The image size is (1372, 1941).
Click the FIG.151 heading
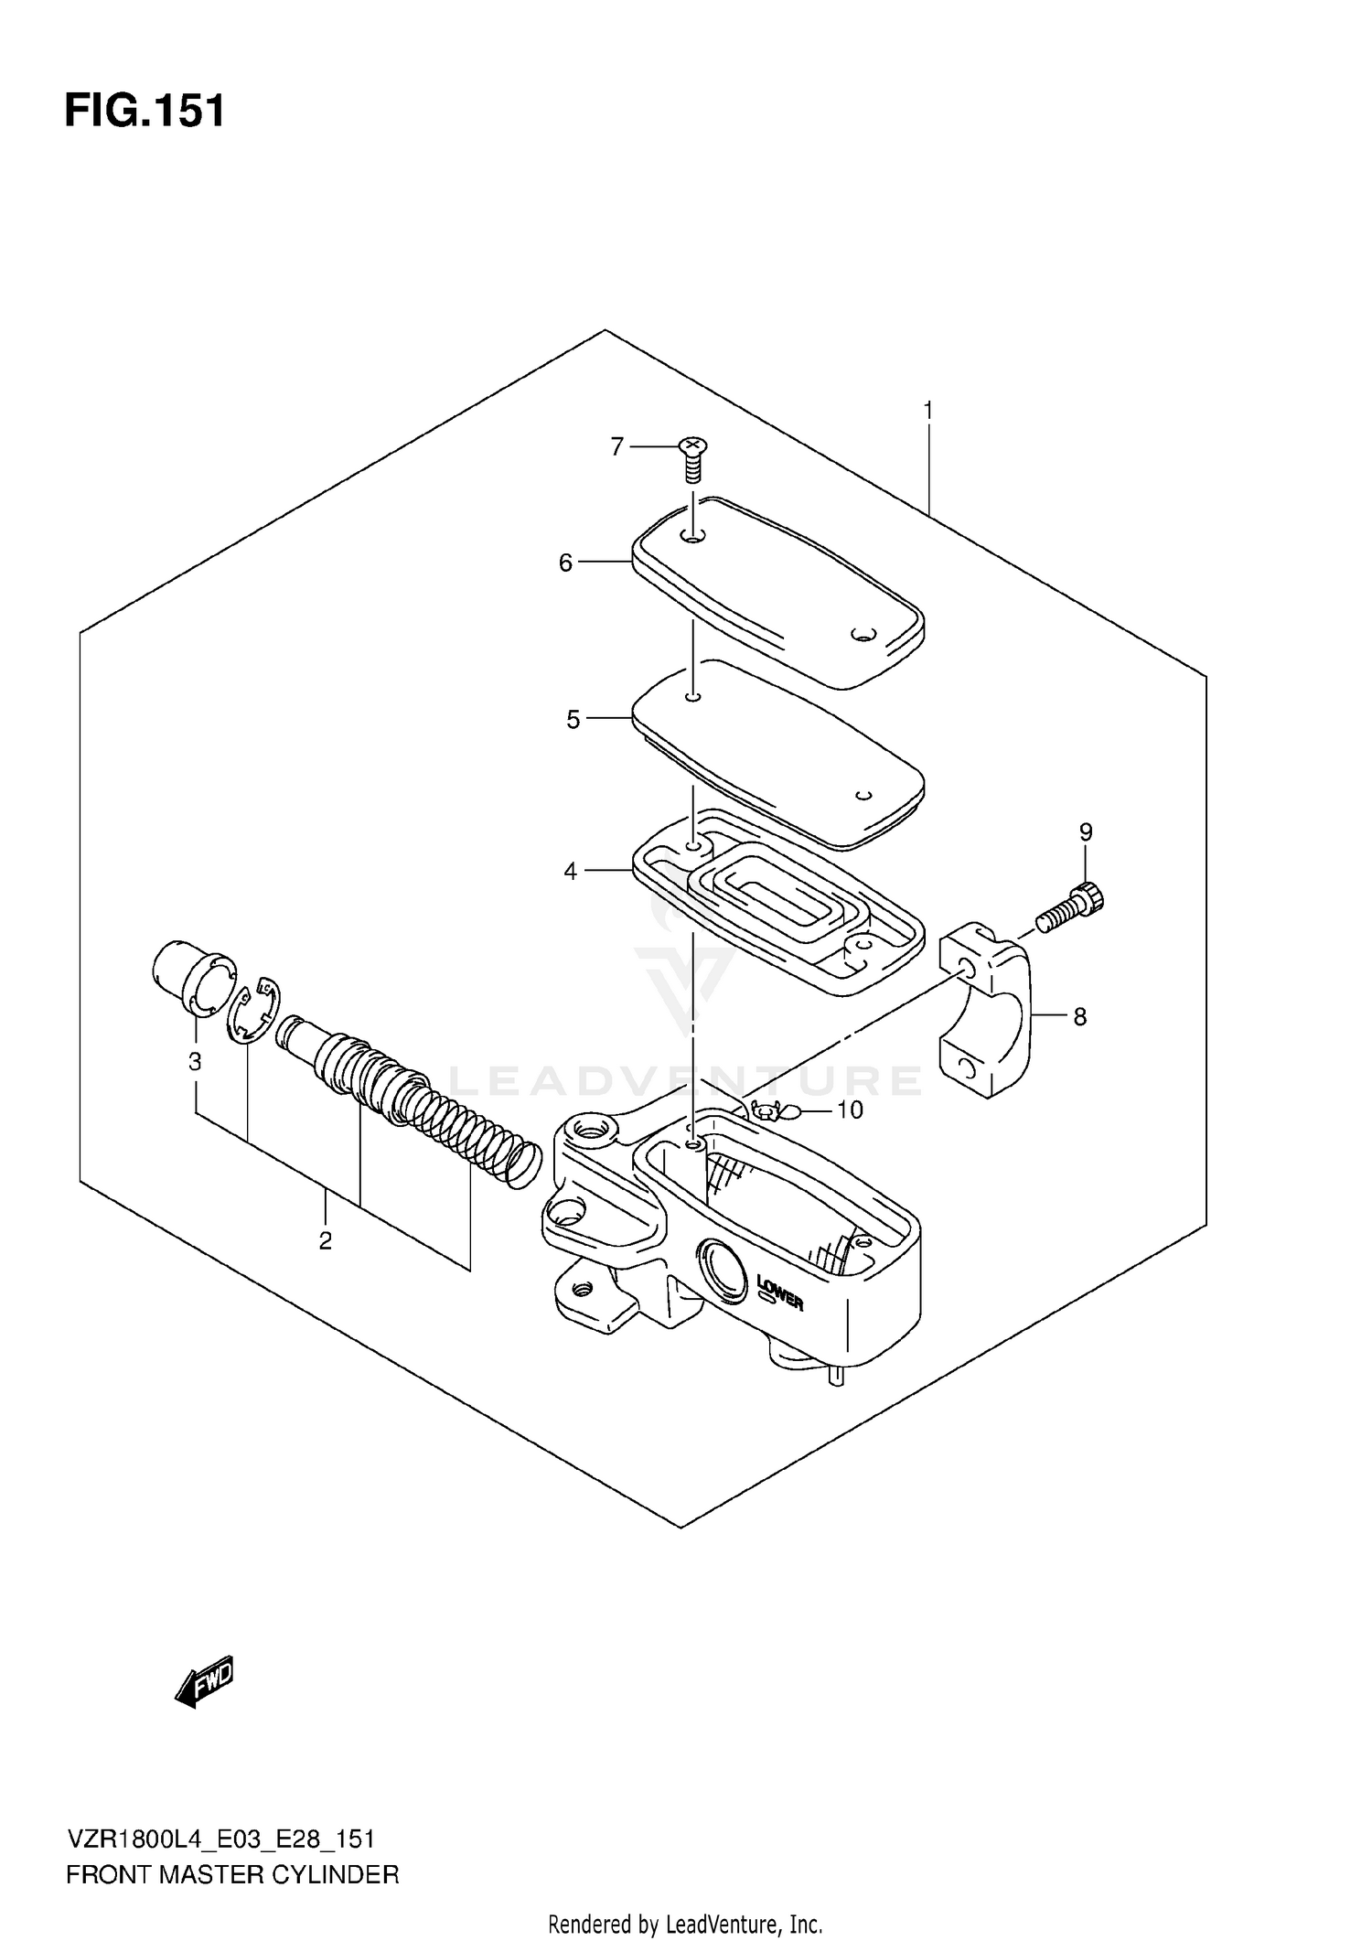[145, 112]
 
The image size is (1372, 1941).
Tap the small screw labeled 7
[693, 459]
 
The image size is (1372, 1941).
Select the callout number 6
[565, 563]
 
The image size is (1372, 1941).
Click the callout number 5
[573, 720]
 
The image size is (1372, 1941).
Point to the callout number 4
[571, 872]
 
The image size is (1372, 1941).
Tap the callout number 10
[850, 1110]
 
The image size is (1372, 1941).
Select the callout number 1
[928, 411]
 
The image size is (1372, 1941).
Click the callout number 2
[325, 1241]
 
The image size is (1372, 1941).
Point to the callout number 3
[195, 1062]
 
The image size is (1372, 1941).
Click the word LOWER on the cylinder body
[780, 1292]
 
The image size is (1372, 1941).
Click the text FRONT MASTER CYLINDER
[232, 1875]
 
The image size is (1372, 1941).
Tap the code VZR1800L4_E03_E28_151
[220, 1839]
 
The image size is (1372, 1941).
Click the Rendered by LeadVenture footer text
[685, 1925]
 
